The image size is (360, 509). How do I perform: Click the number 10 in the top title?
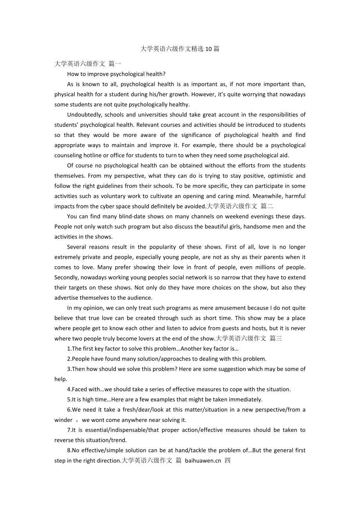209,49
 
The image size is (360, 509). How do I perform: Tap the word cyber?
122,206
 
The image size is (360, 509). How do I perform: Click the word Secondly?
67,277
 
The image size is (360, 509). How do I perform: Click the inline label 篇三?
276,338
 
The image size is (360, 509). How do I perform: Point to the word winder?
63,420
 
